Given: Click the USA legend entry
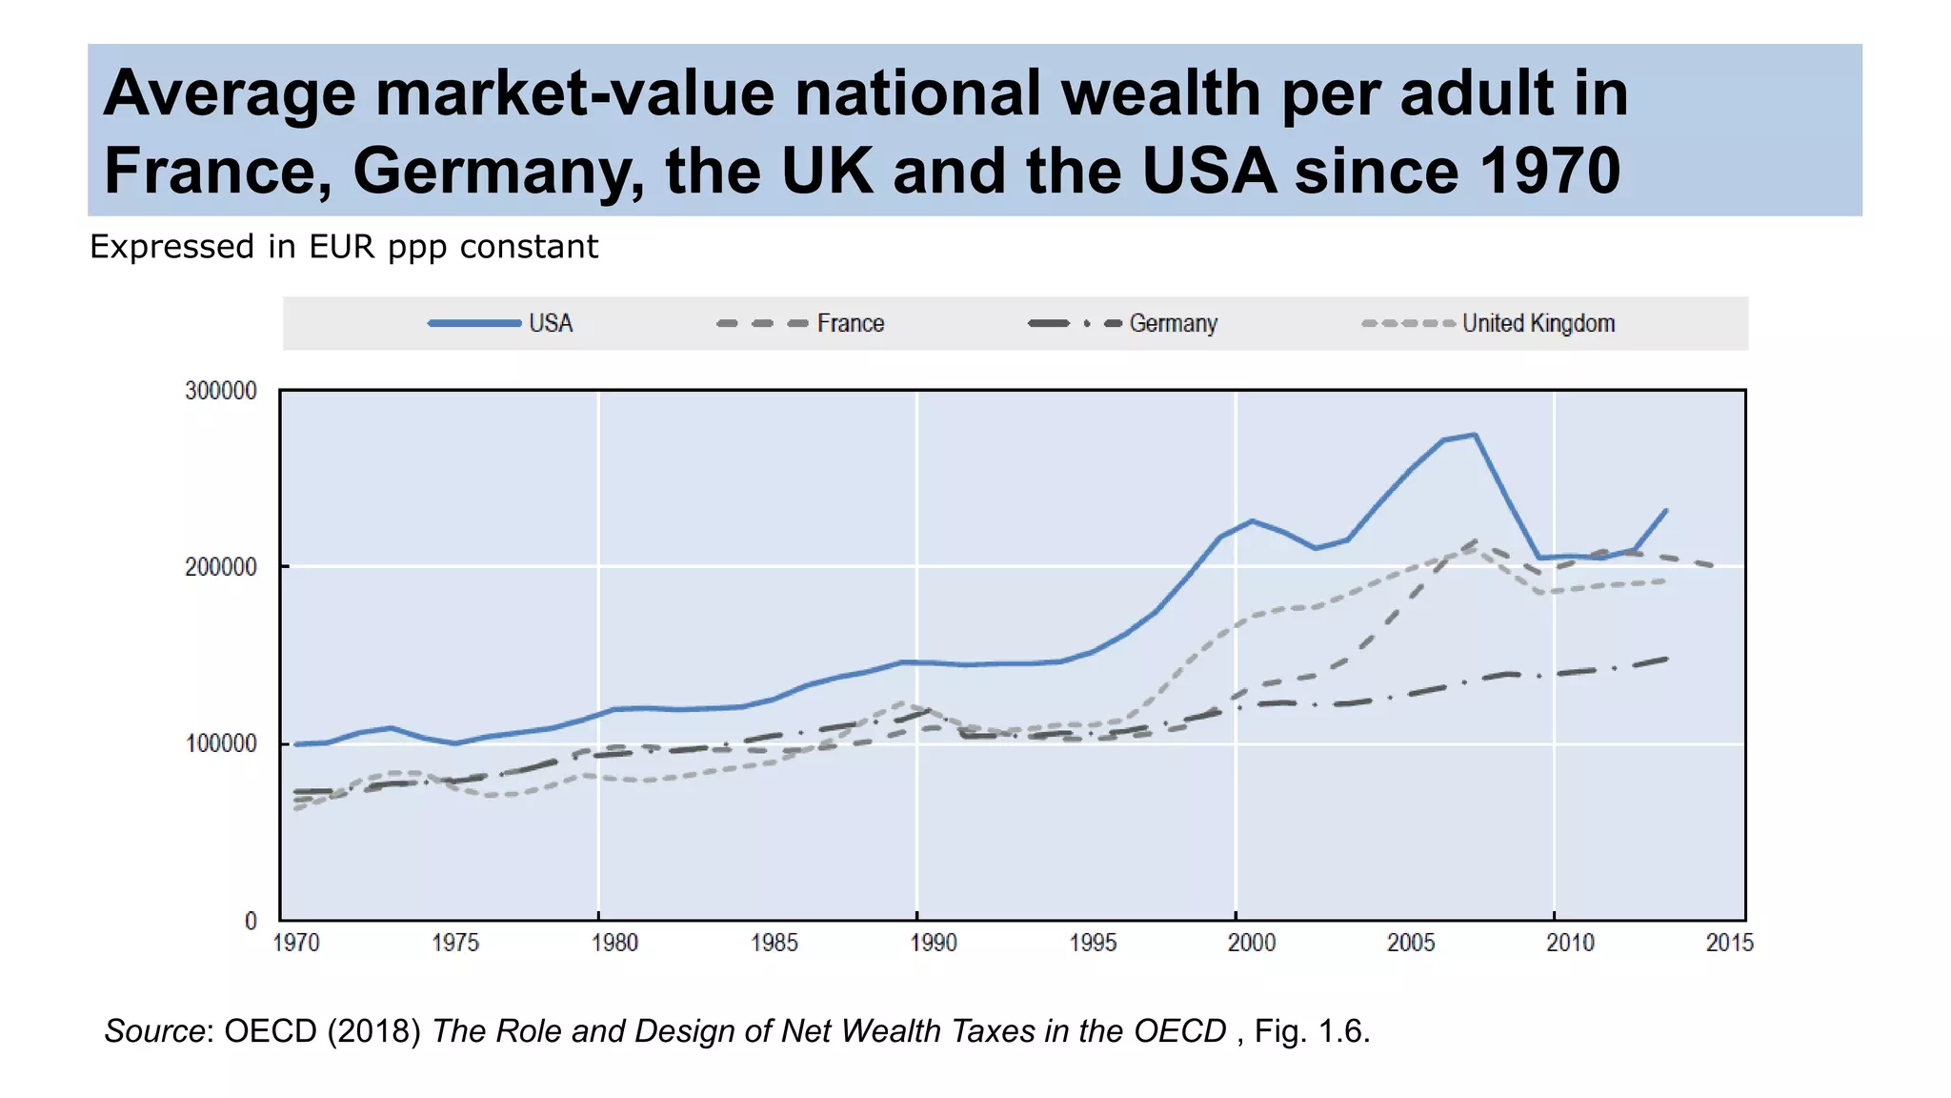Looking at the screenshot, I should point(550,323).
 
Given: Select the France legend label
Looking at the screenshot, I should point(850,323).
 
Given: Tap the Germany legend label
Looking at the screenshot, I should point(1173,323).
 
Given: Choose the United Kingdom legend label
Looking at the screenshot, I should point(1538,323).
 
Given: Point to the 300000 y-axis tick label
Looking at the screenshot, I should point(221,391).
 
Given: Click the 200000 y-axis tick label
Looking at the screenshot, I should point(221,567).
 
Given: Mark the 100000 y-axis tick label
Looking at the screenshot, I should point(221,743).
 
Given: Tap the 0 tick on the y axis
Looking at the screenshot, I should point(251,921).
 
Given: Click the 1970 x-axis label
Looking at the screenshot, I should point(296,943).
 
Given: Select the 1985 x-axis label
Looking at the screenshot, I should point(774,943).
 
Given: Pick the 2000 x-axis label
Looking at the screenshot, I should point(1251,943).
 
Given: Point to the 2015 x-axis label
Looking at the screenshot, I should point(1729,943).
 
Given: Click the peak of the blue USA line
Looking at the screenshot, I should point(1475,435).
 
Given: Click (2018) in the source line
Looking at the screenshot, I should point(373,1030).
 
